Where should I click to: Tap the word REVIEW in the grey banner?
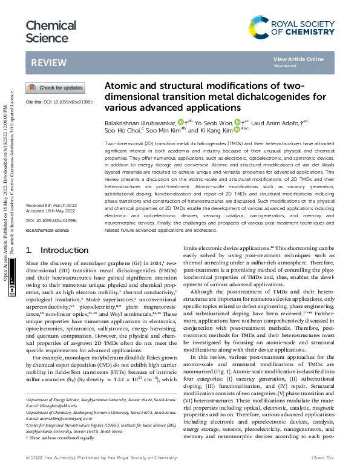pos(45,62)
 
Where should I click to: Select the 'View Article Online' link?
pos(298,59)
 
